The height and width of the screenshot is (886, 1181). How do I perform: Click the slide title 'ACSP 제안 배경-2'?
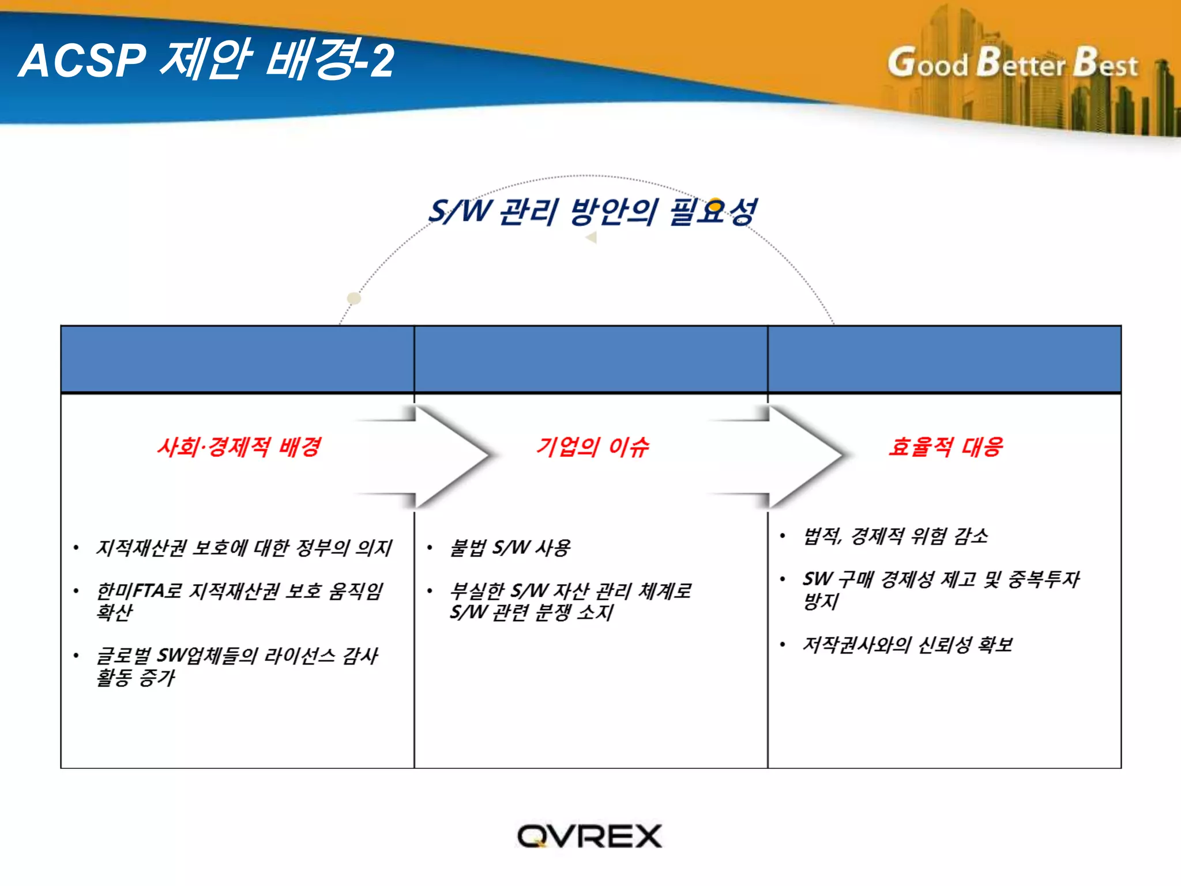pyautogui.click(x=206, y=60)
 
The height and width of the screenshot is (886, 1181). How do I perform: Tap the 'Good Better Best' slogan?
pyautogui.click(x=1013, y=63)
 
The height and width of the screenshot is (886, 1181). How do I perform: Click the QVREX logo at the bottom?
pyautogui.click(x=589, y=836)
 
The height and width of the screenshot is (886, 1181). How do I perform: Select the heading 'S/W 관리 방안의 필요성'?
pyautogui.click(x=592, y=212)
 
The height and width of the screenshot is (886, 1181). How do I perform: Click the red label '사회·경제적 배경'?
pyautogui.click(x=239, y=446)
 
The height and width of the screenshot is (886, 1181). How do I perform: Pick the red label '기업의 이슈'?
pyautogui.click(x=592, y=446)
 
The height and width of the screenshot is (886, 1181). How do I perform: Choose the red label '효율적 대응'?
pyautogui.click(x=946, y=446)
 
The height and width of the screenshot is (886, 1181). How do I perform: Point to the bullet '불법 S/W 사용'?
pyautogui.click(x=510, y=547)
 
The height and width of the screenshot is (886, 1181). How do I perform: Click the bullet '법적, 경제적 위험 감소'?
pyautogui.click(x=895, y=536)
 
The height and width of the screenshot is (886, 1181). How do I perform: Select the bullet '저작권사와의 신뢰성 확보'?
pyautogui.click(x=908, y=644)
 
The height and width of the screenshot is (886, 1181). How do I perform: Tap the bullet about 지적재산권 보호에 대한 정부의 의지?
pyautogui.click(x=244, y=547)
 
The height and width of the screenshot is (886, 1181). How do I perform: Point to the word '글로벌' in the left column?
pyautogui.click(x=123, y=656)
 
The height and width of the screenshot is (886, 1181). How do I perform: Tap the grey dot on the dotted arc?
pyautogui.click(x=354, y=298)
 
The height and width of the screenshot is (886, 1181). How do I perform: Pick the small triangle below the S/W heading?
pyautogui.click(x=591, y=237)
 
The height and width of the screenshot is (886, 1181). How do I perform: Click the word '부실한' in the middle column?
pyautogui.click(x=477, y=591)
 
